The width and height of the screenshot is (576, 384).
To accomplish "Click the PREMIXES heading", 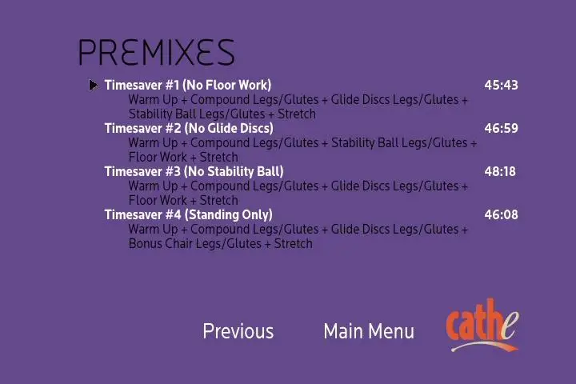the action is coord(156,52).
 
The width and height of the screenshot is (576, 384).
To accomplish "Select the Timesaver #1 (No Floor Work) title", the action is coord(188,86).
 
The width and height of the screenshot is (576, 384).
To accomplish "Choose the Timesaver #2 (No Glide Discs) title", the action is coord(189,128).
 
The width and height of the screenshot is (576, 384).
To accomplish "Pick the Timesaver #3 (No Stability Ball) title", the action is coord(194,172).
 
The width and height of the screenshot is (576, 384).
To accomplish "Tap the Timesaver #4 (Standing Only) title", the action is coord(189,215).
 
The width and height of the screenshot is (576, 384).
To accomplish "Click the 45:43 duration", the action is coord(501,86).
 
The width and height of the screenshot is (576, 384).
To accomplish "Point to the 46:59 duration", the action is coord(501,128).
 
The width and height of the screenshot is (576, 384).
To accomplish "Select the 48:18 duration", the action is coord(500,172).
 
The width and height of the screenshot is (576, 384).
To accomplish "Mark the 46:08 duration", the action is coord(501,215).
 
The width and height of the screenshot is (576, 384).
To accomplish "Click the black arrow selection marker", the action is coord(94,86).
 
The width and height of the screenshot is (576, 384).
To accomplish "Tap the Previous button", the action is coord(238,331).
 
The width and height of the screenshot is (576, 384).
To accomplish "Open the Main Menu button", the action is coord(369,331).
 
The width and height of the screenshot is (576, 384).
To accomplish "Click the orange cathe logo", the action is coord(482,326).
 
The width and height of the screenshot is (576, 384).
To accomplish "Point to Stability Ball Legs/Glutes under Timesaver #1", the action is coord(197,114).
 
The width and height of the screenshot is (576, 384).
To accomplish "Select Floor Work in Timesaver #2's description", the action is coord(158,158).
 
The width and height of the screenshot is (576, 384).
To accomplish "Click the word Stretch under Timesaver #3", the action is coord(219,201).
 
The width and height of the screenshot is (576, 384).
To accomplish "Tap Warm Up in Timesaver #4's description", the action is coord(153,230).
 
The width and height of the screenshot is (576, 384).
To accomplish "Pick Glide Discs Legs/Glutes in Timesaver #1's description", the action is coord(394,100).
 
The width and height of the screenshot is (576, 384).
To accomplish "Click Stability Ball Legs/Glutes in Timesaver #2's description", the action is coord(399,143).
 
